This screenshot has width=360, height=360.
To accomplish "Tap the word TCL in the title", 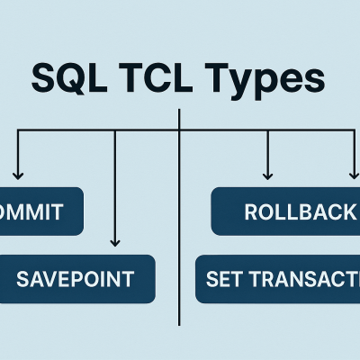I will [x=159, y=77].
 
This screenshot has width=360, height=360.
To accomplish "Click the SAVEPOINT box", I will [x=76, y=278].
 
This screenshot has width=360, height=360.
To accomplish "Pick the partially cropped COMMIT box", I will [x=40, y=212].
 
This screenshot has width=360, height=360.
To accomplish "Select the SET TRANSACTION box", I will [x=277, y=278].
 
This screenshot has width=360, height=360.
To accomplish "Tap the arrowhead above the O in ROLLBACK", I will [x=267, y=174].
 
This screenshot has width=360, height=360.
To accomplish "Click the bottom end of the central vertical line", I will [x=180, y=325].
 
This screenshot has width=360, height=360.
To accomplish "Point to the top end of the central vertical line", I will [x=180, y=110].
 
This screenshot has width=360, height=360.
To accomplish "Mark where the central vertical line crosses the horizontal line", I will [x=180, y=132].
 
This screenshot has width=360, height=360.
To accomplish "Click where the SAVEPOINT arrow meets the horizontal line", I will [x=114, y=132].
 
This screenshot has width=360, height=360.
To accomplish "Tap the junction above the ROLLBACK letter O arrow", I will [x=267, y=132].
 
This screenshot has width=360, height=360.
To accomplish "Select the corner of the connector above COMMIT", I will [x=17, y=132].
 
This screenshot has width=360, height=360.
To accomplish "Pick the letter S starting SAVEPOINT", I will [x=23, y=279].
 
